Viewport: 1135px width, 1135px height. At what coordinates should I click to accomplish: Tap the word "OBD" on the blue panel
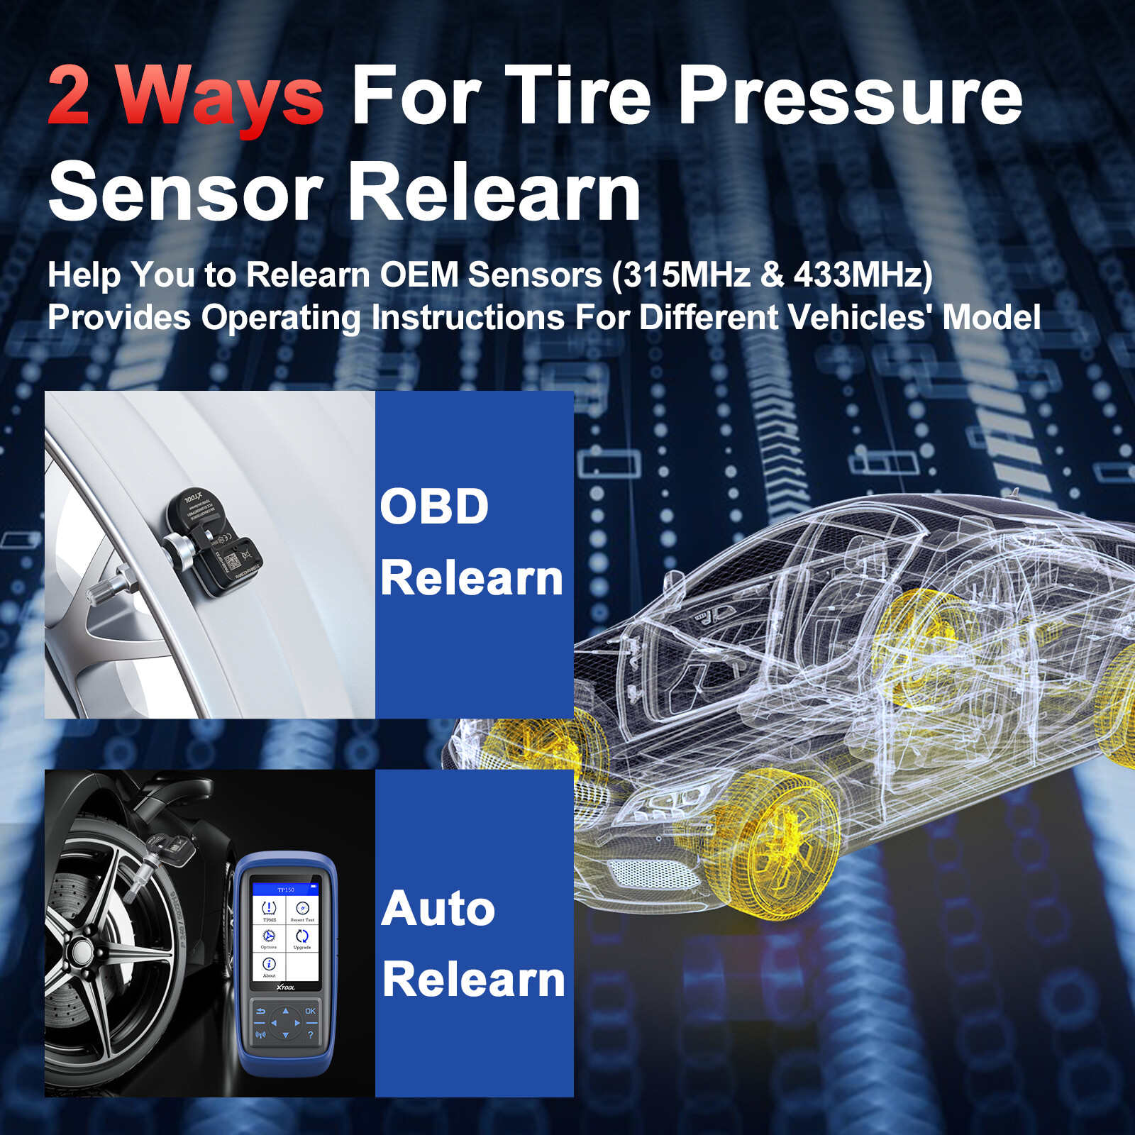click(x=434, y=506)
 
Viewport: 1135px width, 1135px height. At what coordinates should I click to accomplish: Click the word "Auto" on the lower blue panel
click(x=438, y=909)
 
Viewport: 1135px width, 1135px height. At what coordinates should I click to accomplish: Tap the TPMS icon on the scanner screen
click(x=269, y=909)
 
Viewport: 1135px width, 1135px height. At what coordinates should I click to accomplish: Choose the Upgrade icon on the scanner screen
click(x=302, y=938)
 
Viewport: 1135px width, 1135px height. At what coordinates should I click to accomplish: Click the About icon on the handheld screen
click(x=269, y=965)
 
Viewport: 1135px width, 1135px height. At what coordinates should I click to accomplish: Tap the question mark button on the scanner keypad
click(x=310, y=1035)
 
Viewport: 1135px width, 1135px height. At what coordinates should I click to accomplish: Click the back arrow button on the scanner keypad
click(x=260, y=1011)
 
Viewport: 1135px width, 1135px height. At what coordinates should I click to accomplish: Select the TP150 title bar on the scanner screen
click(x=285, y=889)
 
